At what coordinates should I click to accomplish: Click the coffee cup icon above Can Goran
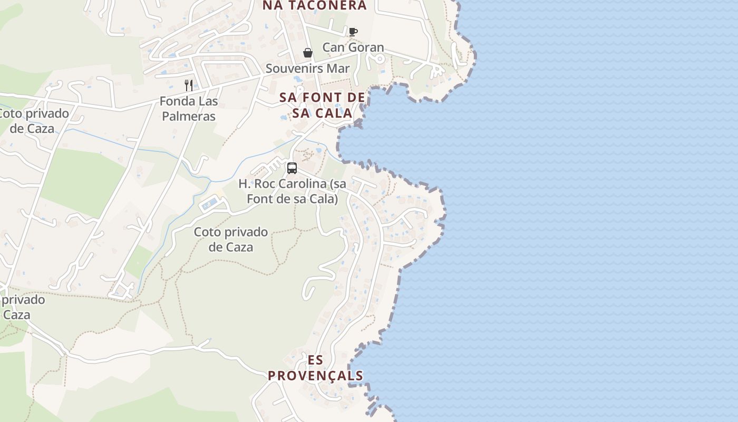click(x=353, y=32)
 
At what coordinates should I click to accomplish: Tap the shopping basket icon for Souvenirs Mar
click(x=308, y=53)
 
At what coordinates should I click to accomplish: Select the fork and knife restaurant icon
click(x=189, y=85)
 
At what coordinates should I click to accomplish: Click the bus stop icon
click(x=292, y=168)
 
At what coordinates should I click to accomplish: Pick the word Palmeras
click(x=189, y=116)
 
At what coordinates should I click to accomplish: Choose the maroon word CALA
click(x=334, y=113)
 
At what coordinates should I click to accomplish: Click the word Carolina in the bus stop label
click(x=298, y=184)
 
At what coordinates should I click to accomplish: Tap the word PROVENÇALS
click(x=316, y=376)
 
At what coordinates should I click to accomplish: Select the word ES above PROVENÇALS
click(x=316, y=360)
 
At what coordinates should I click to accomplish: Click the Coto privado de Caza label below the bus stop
click(x=231, y=239)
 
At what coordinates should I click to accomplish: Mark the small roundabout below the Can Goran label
click(x=378, y=59)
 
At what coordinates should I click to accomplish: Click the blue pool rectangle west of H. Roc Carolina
click(x=210, y=204)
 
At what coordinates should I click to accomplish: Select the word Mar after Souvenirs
click(x=338, y=69)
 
